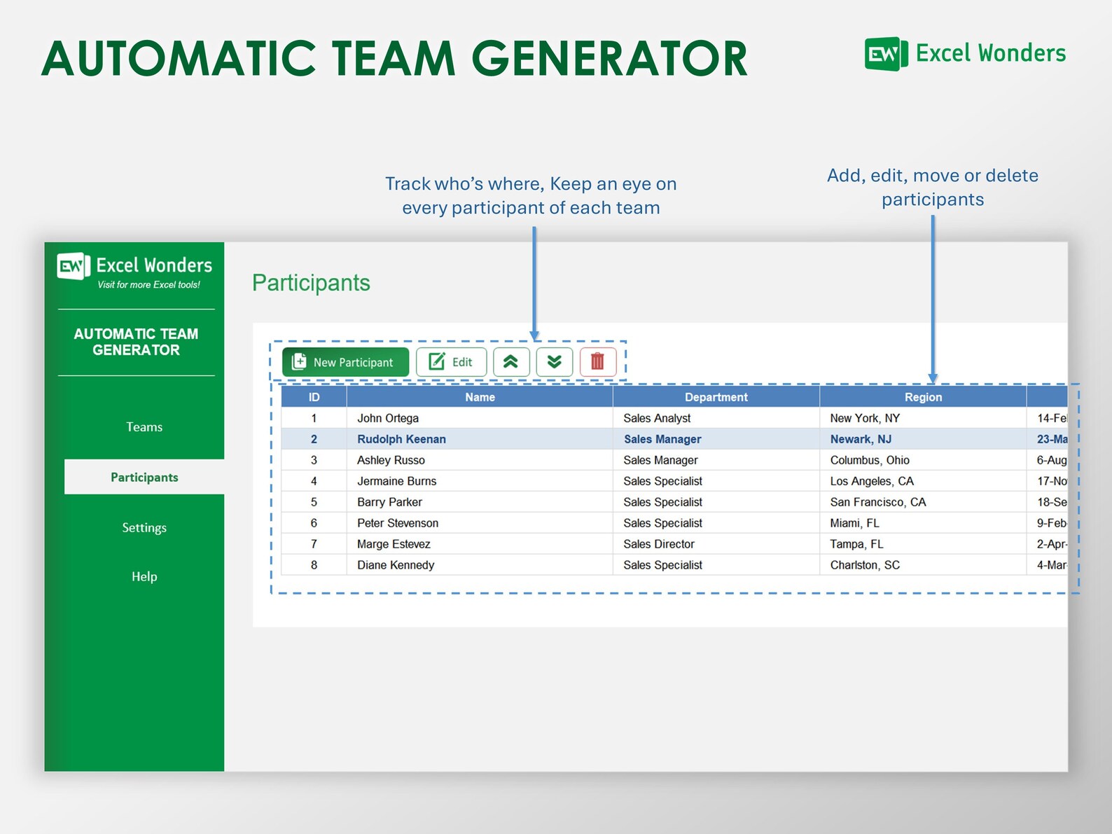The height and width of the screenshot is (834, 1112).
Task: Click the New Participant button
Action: click(345, 362)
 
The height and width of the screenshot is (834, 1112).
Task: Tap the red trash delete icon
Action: click(597, 362)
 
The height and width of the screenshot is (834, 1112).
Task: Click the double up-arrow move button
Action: click(510, 362)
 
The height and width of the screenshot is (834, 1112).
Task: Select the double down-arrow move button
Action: click(554, 362)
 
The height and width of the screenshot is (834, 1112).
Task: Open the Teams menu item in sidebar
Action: click(144, 427)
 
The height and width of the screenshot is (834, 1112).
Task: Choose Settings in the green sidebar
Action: click(144, 528)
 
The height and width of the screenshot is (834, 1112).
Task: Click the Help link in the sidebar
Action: click(144, 577)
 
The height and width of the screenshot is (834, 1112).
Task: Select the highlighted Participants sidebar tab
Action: click(144, 478)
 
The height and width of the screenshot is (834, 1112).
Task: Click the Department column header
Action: click(716, 397)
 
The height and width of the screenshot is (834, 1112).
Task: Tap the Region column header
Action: click(923, 397)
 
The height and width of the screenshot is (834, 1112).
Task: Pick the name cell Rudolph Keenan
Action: click(401, 439)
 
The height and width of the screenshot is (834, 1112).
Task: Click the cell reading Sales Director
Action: click(658, 544)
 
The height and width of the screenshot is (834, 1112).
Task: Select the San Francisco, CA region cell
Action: click(877, 502)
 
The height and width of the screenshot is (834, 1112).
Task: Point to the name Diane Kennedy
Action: click(396, 565)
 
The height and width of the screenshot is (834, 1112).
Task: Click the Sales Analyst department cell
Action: click(657, 418)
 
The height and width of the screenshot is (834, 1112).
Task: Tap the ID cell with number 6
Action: click(314, 523)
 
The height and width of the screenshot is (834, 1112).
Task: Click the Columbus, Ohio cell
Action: click(869, 460)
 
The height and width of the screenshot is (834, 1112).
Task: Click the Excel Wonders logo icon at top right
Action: click(885, 54)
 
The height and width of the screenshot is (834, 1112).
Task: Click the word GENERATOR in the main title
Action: click(609, 59)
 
